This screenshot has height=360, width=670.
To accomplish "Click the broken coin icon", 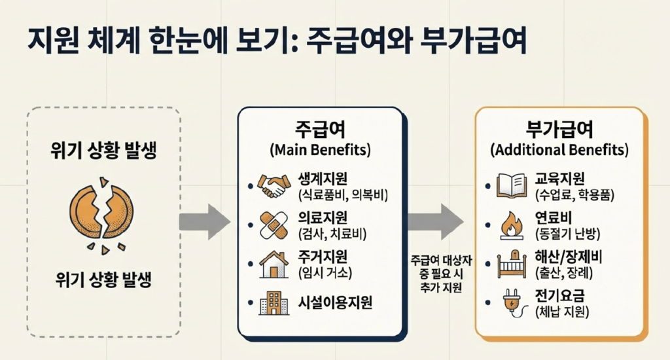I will (101, 210).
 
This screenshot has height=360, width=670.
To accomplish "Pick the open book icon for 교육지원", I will (512, 185).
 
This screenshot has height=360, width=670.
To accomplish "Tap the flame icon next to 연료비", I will (512, 225).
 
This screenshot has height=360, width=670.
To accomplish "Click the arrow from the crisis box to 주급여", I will (204, 222).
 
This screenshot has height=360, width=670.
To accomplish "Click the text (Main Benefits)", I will (319, 150).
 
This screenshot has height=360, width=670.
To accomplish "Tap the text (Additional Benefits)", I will (559, 150).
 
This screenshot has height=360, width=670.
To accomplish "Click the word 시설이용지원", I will (335, 302).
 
